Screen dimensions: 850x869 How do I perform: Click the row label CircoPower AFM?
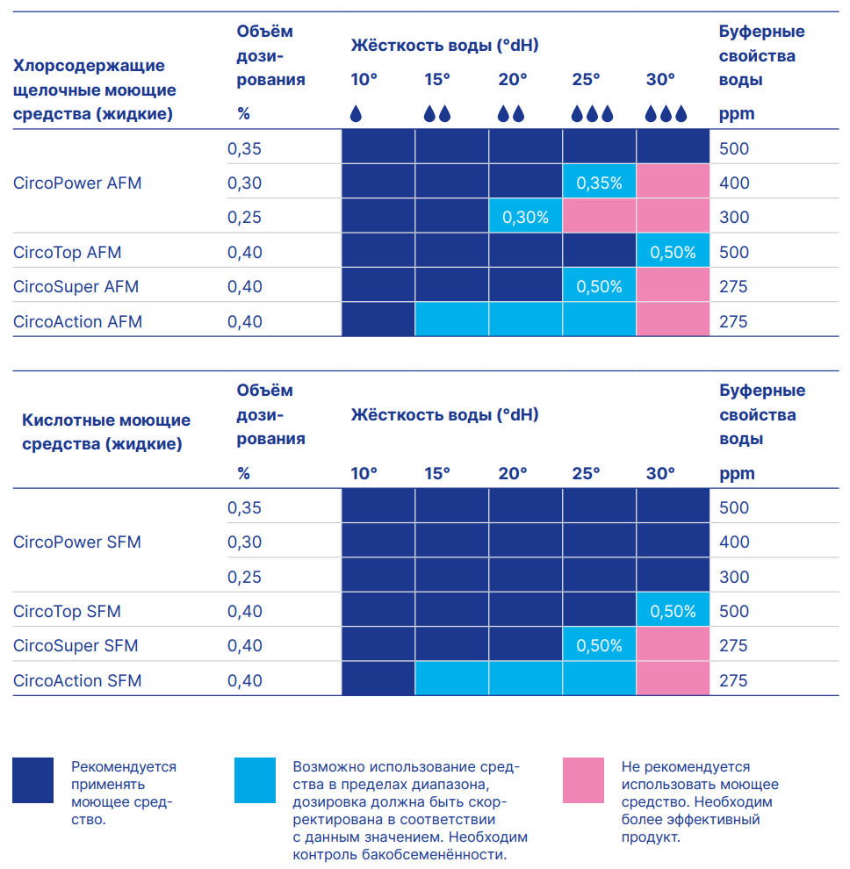[x=77, y=183]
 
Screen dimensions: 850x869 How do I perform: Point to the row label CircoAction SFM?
[x=77, y=680]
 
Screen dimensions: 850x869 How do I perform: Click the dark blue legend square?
[x=33, y=780]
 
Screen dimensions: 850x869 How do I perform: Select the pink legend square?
[x=583, y=780]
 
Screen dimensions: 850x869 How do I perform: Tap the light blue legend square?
[x=255, y=780]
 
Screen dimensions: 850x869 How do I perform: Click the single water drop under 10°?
[x=356, y=113]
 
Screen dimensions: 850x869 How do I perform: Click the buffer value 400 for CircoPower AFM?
[x=734, y=183]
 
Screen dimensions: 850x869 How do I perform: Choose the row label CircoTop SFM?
[x=67, y=611]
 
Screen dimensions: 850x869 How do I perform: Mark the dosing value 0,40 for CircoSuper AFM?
[x=244, y=286]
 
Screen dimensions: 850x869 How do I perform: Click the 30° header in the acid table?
[x=660, y=473]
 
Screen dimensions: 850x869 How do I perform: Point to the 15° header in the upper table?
[x=437, y=79]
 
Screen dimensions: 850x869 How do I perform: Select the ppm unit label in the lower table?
[x=737, y=474]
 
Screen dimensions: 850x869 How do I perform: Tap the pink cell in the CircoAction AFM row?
[x=673, y=320]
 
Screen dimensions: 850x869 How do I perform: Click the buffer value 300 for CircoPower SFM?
[x=734, y=577]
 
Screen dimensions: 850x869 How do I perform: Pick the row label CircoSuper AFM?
[x=76, y=286]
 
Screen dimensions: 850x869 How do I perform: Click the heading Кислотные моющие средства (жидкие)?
[x=106, y=432]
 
